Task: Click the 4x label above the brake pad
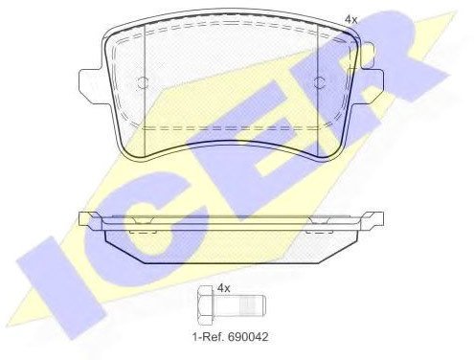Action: (x=351, y=20)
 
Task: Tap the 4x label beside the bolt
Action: (x=223, y=288)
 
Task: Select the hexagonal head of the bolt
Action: (x=205, y=305)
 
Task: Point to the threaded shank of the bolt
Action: (x=239, y=305)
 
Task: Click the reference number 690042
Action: (x=248, y=336)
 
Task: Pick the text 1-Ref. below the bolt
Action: (x=208, y=336)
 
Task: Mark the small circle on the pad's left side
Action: (x=142, y=82)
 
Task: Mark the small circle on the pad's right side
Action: (x=318, y=82)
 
